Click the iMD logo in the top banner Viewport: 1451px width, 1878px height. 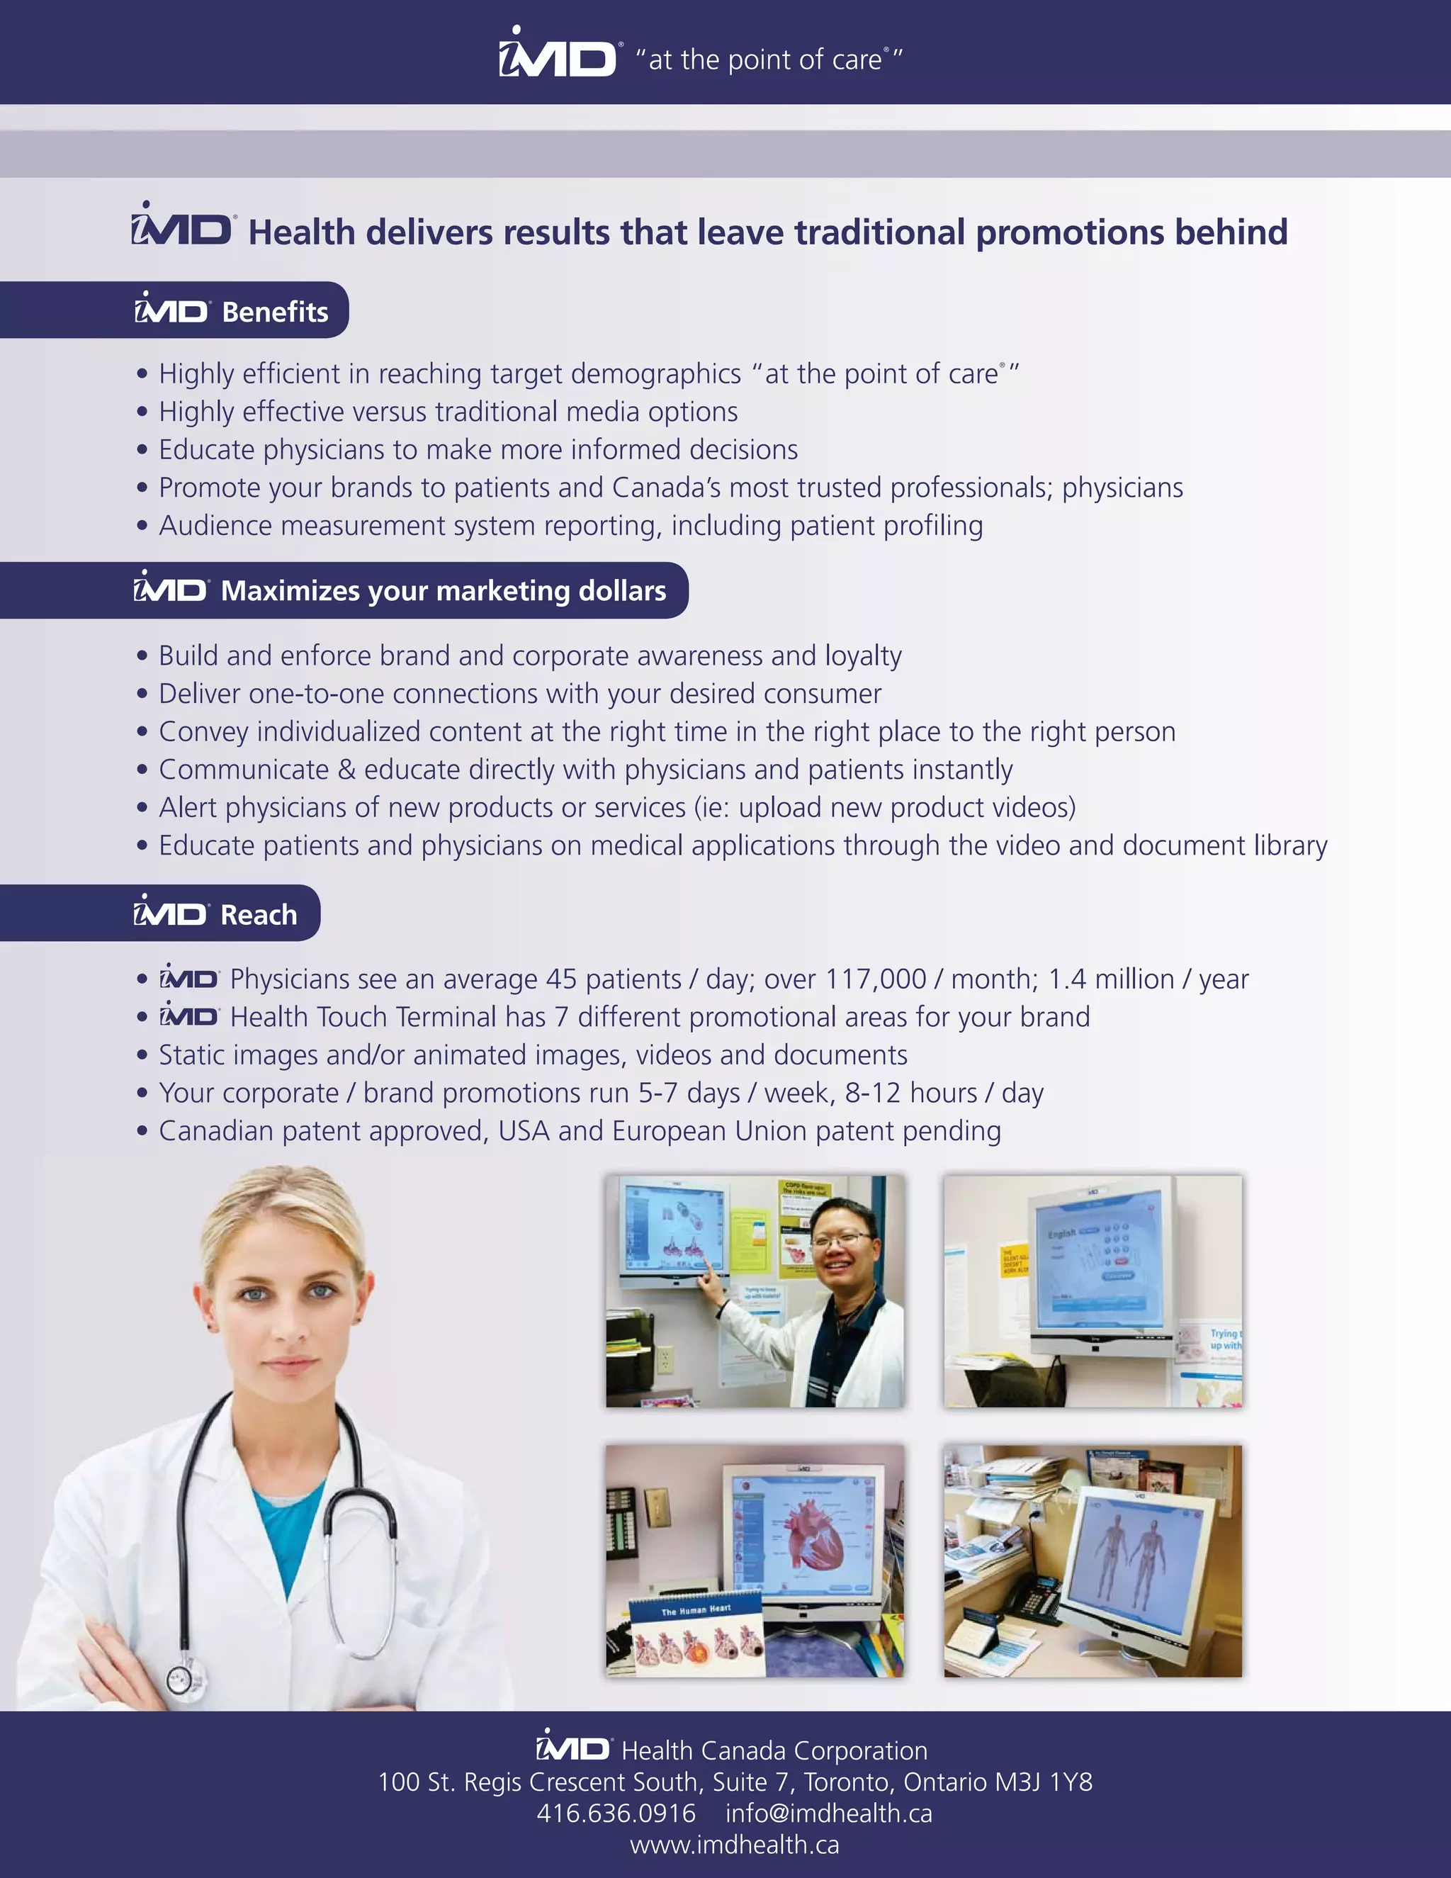pos(557,56)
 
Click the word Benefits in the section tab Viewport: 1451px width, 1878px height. pos(275,311)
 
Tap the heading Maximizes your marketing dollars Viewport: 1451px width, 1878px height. pos(444,591)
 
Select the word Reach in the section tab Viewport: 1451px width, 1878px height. pos(259,914)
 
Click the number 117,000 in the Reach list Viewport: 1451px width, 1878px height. pos(876,979)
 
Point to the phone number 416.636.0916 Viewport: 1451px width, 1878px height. pos(616,1814)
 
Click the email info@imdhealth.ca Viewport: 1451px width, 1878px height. pos(829,1814)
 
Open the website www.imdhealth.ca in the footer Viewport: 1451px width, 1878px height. pos(734,1845)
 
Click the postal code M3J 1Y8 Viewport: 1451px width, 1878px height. pos(1044,1782)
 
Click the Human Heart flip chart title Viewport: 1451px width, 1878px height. pos(696,1609)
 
